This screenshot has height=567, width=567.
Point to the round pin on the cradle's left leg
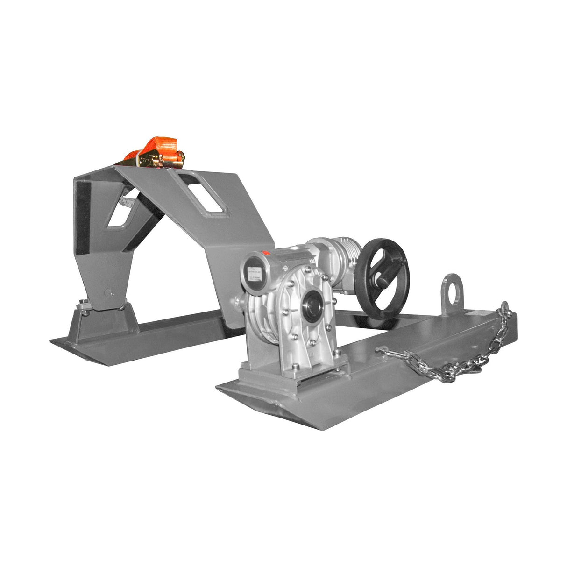pos(108,293)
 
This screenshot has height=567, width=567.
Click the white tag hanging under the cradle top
pos(127,201)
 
